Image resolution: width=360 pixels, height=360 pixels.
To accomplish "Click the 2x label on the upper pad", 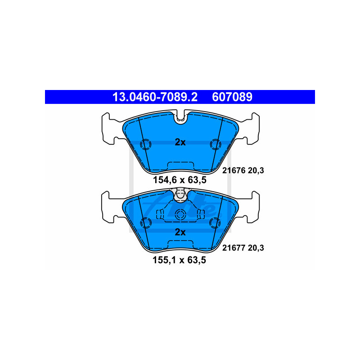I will point(180,142).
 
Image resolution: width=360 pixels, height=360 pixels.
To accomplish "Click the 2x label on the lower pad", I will point(180,232).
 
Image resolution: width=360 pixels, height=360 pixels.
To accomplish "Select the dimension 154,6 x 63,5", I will point(180,181).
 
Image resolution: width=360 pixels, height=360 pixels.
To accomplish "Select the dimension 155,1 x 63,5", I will point(180,260).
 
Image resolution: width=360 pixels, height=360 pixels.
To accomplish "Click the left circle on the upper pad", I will point(146,144).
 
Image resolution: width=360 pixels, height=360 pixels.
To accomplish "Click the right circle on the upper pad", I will point(215,144).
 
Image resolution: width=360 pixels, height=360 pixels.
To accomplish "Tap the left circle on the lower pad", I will point(146,223).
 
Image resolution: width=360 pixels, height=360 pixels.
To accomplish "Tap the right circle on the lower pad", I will point(215,223).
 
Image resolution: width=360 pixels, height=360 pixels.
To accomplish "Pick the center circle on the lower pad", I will point(180,214).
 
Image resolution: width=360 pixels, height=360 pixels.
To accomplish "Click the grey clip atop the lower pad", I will point(180,193).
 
